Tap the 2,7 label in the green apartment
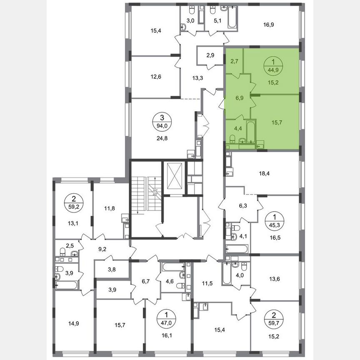234,61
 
